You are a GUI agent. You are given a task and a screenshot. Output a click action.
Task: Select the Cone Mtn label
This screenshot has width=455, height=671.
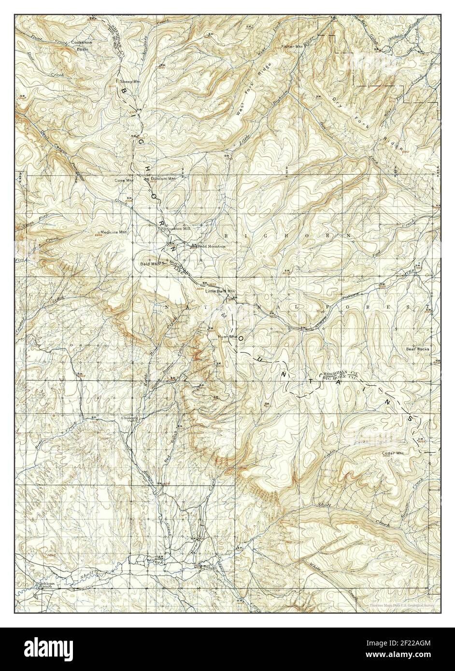(x=123, y=181)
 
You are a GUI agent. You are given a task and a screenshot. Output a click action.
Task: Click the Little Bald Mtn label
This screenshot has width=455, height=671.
(x=220, y=291)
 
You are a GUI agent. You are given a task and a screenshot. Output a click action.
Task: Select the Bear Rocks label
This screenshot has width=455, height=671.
(x=417, y=348)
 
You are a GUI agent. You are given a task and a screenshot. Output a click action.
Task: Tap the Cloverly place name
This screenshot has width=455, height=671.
(x=130, y=418)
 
